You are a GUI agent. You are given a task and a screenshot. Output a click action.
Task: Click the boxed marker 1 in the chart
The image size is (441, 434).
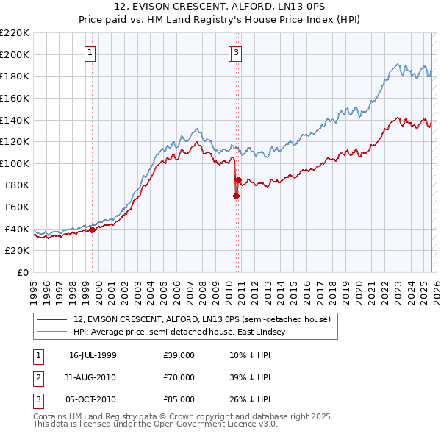point(90,52)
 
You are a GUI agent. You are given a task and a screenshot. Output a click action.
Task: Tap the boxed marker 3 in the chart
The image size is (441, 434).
point(236,52)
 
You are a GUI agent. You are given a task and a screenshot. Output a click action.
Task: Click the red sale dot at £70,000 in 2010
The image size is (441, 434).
point(236,196)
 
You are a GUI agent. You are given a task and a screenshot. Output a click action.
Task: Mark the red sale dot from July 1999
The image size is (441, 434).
point(93,230)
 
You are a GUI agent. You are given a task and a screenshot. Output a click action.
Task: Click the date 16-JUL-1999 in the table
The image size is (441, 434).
point(93,355)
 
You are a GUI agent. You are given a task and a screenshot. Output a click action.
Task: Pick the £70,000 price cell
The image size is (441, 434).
point(179,377)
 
